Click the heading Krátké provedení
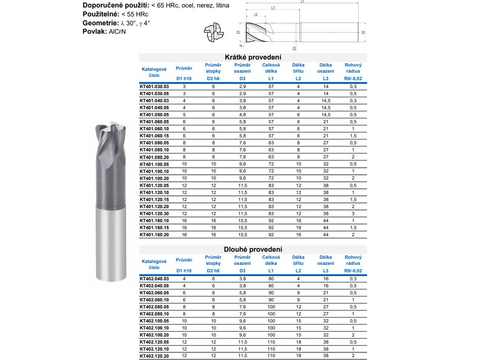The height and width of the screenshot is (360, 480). [254, 57]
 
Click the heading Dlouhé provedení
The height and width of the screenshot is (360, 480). [254, 249]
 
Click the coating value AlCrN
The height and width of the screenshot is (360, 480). [117, 31]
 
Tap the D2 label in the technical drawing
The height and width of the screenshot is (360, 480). [363, 32]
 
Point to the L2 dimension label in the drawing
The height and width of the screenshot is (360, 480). [256, 15]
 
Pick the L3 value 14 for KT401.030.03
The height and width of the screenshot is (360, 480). [326, 87]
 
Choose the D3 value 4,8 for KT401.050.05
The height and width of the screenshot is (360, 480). [242, 114]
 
